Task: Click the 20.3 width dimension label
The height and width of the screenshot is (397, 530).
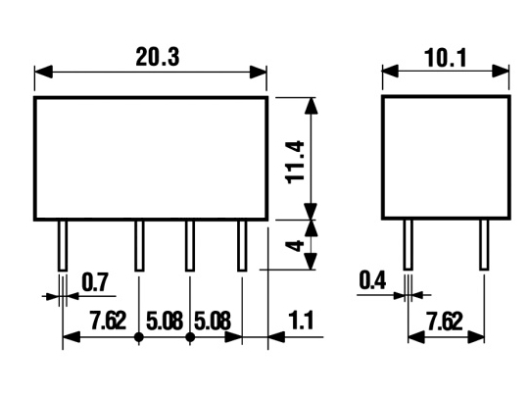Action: (x=158, y=57)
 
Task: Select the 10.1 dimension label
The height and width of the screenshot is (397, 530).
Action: (x=446, y=58)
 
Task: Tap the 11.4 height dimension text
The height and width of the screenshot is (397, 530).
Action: (x=295, y=163)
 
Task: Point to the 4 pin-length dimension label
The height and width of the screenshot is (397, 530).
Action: (x=295, y=245)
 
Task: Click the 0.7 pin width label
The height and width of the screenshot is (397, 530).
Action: (x=95, y=282)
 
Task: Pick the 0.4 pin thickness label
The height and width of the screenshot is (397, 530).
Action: (x=372, y=280)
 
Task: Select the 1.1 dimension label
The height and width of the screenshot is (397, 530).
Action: (x=301, y=321)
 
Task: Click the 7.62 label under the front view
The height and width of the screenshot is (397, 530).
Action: (x=108, y=321)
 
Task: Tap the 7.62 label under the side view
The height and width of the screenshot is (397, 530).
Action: (x=445, y=322)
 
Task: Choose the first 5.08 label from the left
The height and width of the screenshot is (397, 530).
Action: (x=165, y=321)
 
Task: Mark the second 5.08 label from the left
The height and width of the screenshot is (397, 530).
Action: (x=213, y=321)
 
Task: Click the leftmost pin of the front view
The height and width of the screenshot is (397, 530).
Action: (x=63, y=246)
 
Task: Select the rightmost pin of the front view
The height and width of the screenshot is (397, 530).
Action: (x=242, y=246)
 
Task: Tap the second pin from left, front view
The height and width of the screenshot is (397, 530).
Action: (x=139, y=246)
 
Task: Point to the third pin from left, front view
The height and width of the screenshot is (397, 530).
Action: (x=190, y=246)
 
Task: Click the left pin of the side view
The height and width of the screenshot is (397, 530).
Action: (x=409, y=245)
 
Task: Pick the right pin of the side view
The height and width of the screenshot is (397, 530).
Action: (x=484, y=245)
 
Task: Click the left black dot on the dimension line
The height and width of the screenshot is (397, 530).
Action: (x=139, y=337)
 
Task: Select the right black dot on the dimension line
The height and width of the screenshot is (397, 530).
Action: (x=190, y=337)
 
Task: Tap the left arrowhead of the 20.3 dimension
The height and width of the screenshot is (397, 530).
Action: (x=43, y=72)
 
